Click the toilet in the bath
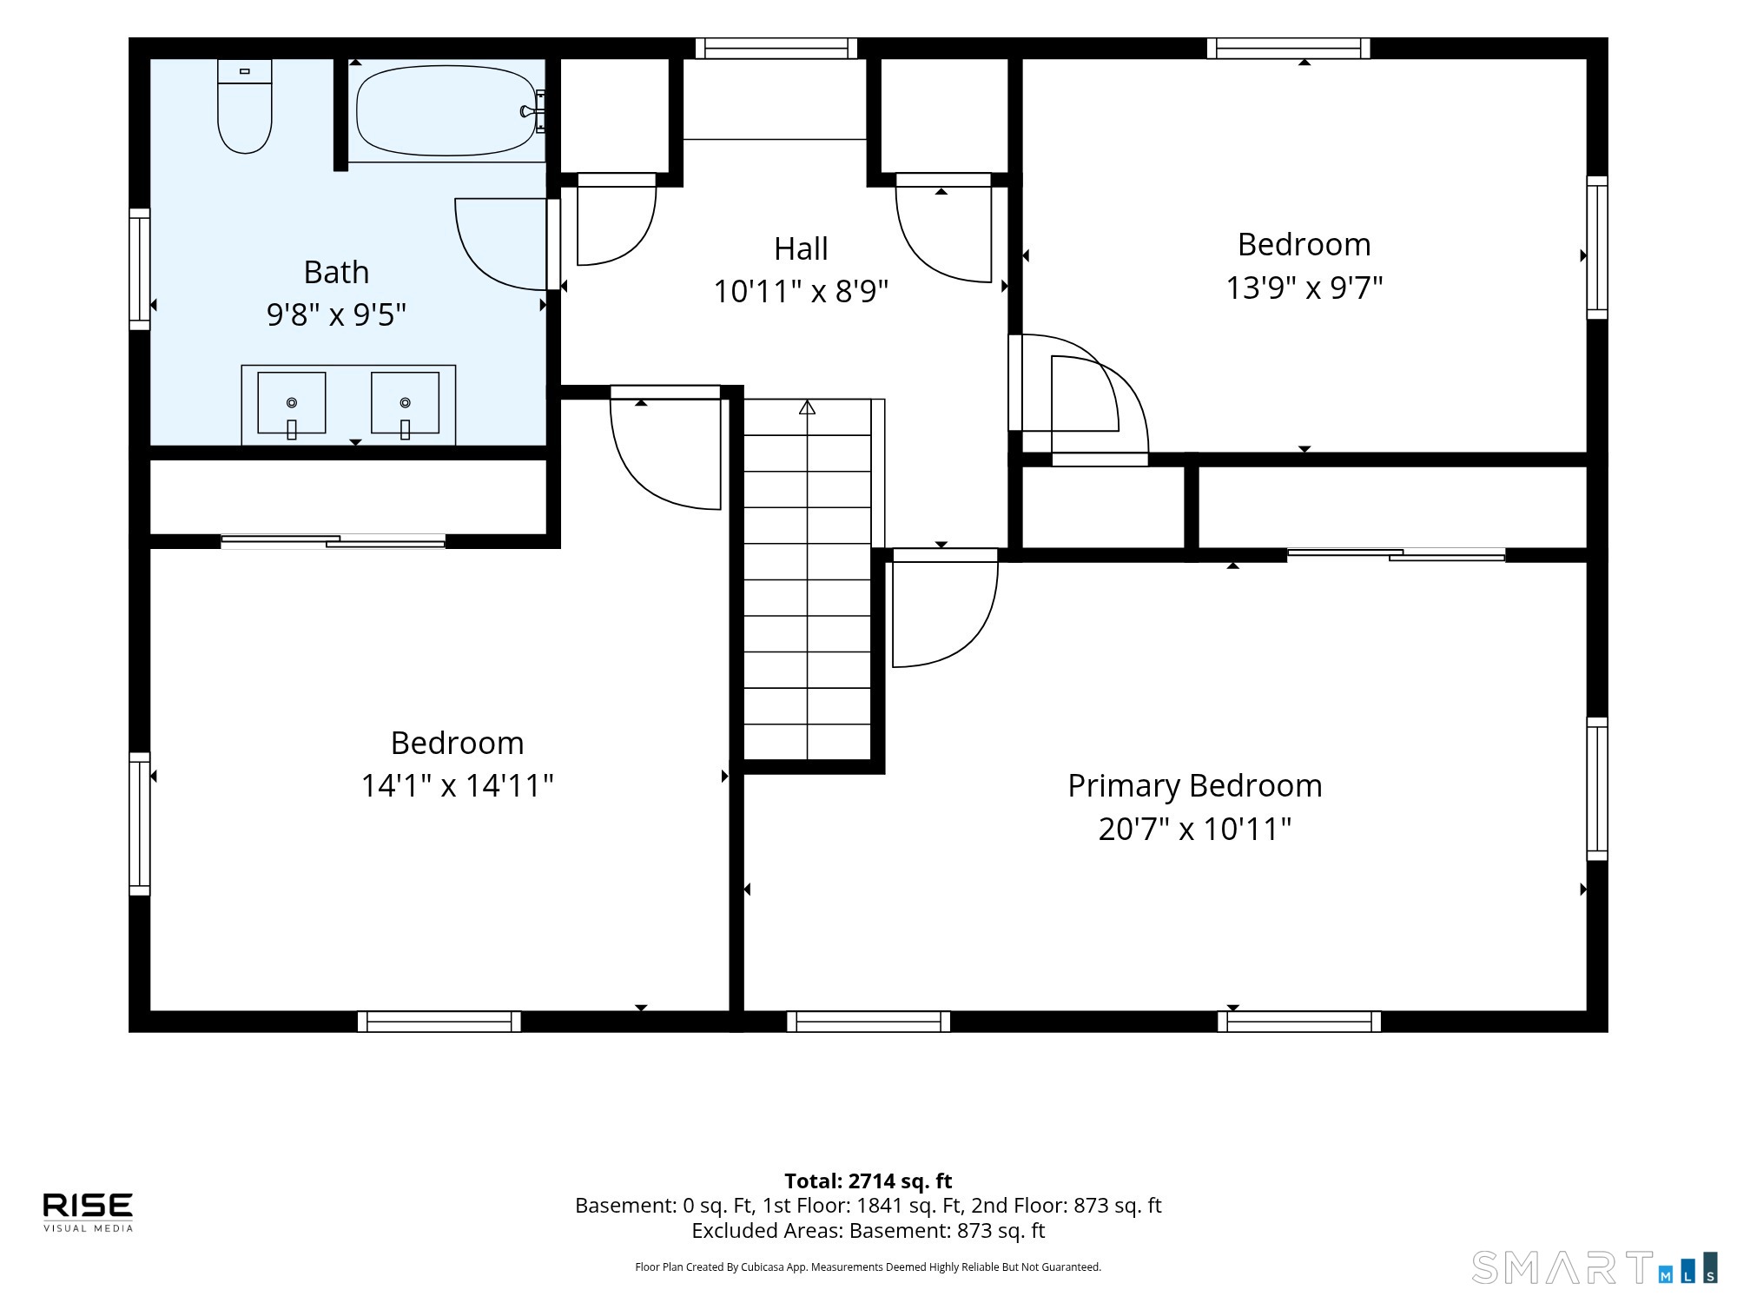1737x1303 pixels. [245, 106]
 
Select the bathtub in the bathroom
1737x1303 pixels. [447, 110]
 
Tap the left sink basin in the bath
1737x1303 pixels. [292, 403]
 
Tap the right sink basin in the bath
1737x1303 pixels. [405, 403]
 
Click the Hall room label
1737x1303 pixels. [801, 249]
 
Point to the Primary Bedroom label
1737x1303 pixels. [1195, 786]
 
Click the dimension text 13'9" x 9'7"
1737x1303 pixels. [1304, 288]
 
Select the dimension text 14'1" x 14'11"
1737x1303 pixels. [457, 786]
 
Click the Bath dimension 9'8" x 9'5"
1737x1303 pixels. [336, 314]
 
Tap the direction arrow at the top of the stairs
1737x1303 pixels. [808, 407]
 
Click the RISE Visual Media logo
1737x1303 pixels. [89, 1212]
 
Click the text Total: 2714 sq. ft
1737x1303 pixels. [868, 1181]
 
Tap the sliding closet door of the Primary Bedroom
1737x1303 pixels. [1396, 554]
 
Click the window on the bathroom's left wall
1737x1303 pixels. [140, 269]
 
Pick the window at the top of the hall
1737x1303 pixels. [776, 49]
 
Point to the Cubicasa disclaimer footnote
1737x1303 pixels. [868, 1267]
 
